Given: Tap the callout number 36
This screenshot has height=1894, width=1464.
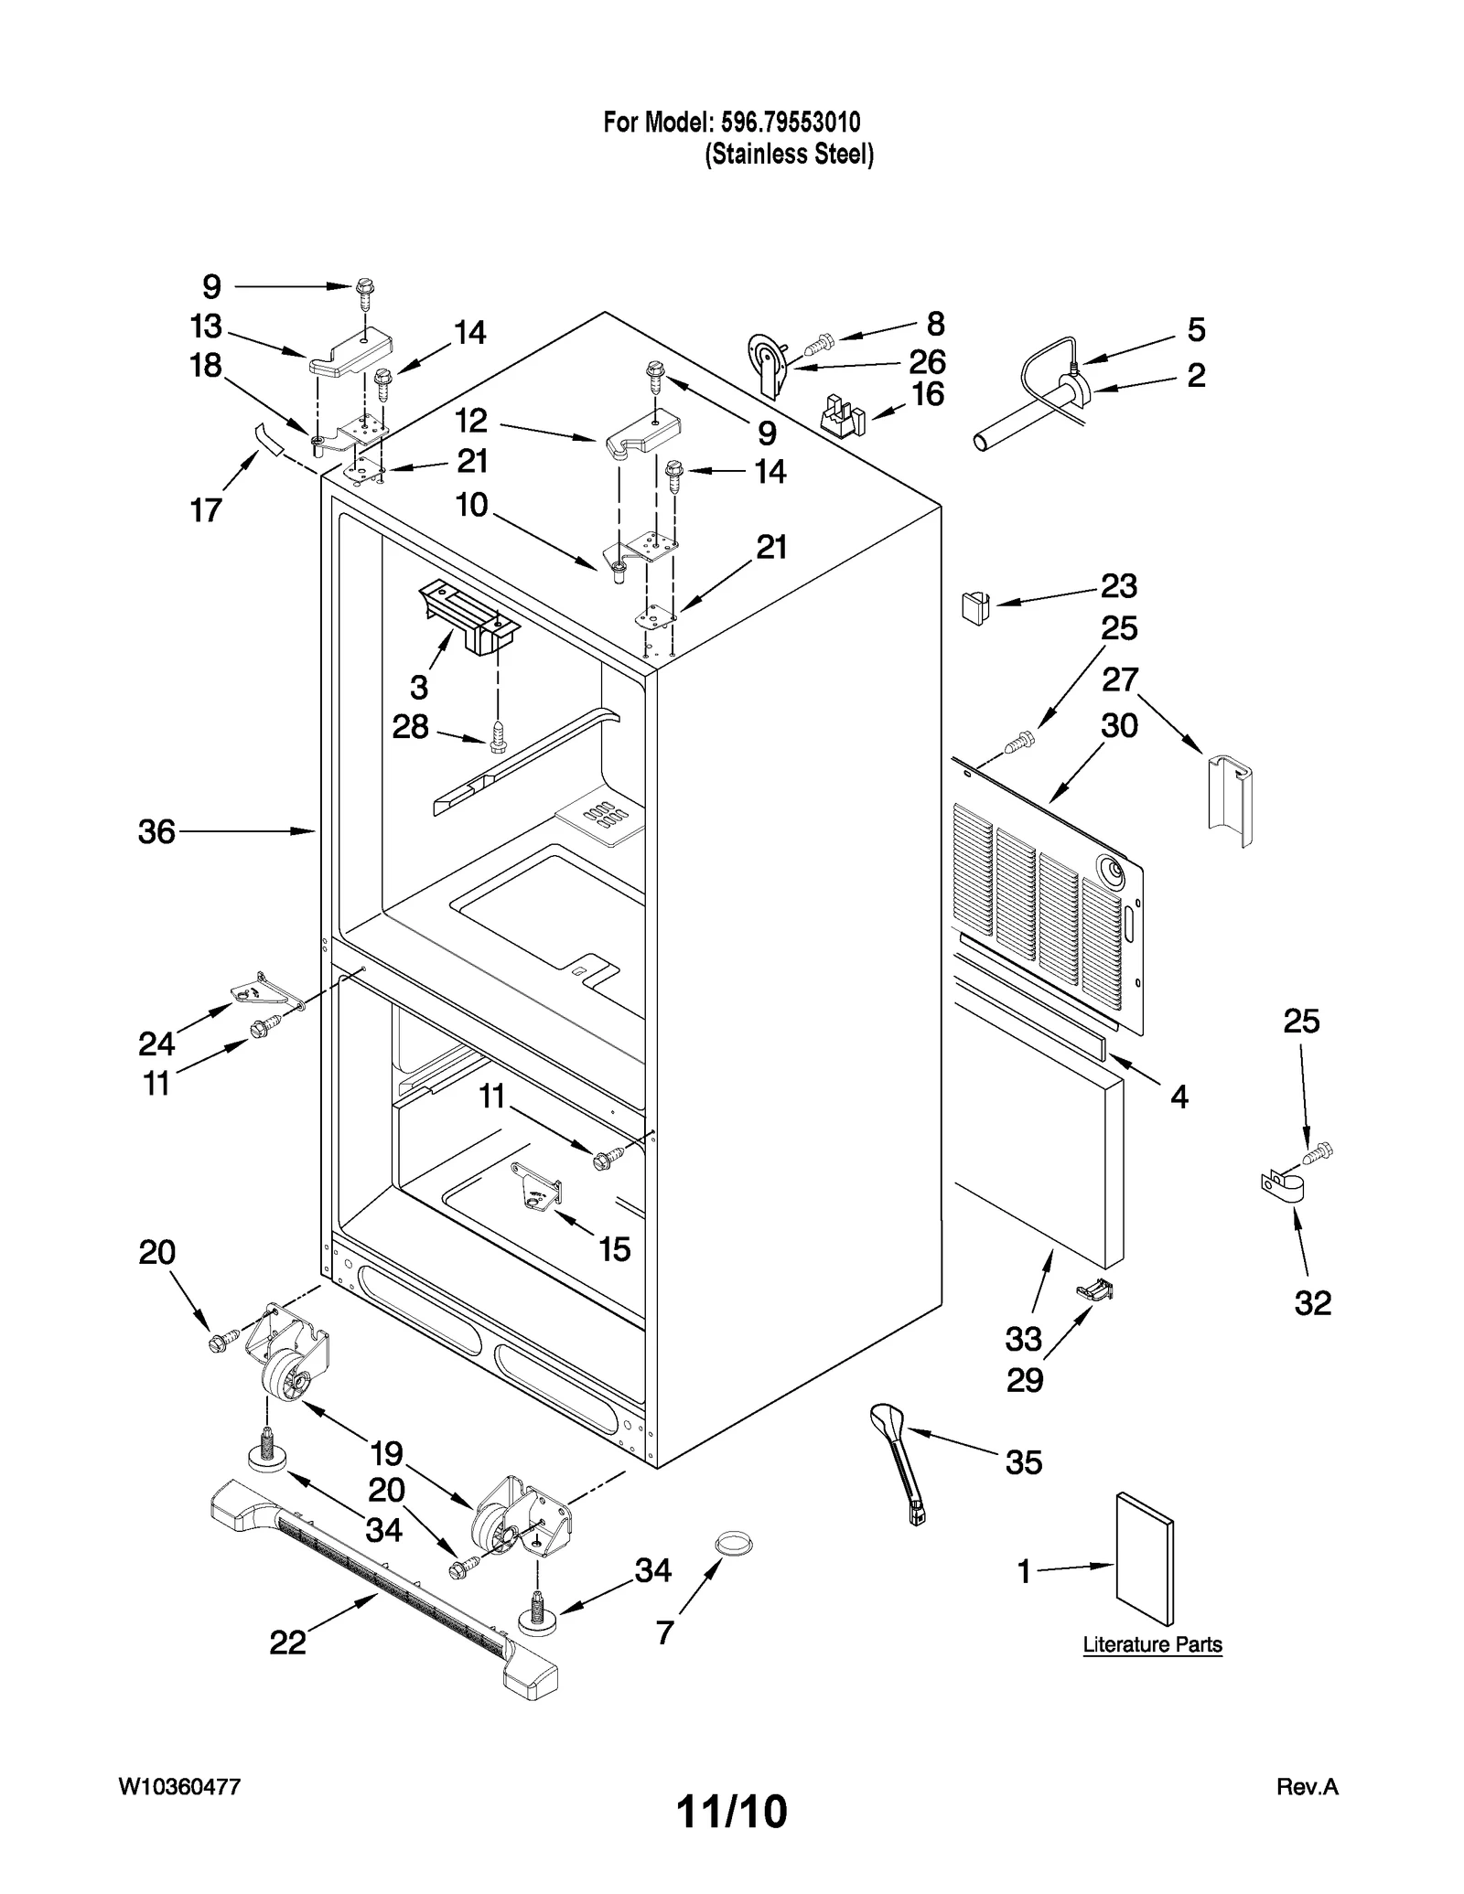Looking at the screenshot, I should click(x=156, y=831).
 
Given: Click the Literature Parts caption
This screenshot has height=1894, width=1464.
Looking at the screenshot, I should click(x=1152, y=1644).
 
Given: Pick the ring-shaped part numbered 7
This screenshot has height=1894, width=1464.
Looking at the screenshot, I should click(x=733, y=1544).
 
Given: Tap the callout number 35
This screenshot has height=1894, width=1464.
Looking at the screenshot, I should click(x=1023, y=1462).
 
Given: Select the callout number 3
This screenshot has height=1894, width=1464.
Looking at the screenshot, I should click(x=419, y=686).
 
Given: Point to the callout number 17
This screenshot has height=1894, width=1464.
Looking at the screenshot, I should click(x=206, y=509).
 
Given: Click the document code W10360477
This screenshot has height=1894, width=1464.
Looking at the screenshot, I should click(x=180, y=1787).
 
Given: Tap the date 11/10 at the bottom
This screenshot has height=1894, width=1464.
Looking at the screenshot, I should click(x=731, y=1813).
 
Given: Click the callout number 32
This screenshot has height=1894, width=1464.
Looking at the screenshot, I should click(x=1312, y=1302).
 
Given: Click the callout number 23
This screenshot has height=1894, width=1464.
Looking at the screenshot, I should click(x=1118, y=585).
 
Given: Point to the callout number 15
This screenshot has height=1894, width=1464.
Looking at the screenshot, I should click(x=614, y=1248).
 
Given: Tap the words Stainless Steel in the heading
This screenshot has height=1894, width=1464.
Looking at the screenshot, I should click(x=789, y=154).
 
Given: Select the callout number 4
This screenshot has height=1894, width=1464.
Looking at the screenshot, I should click(x=1179, y=1096).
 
